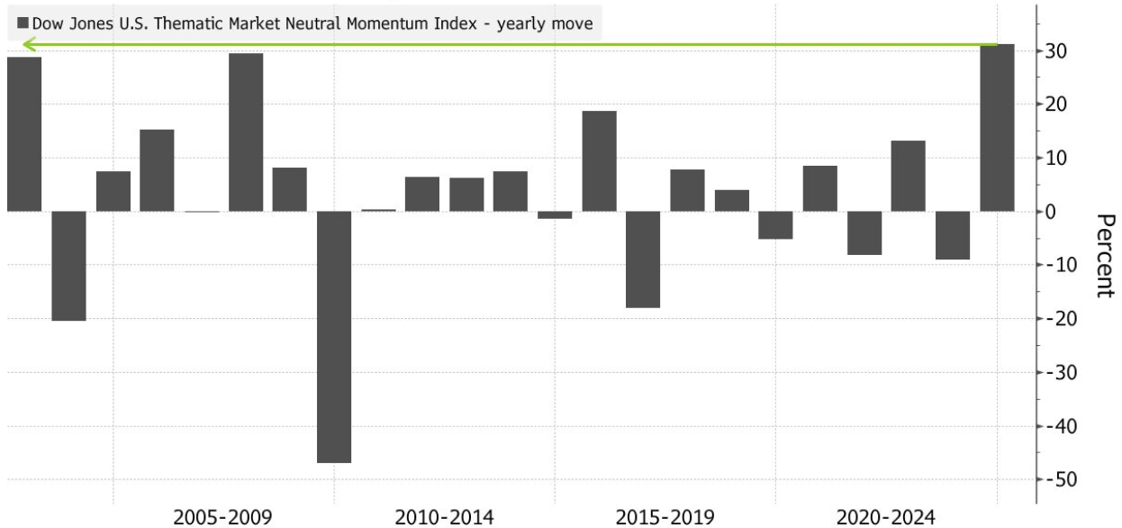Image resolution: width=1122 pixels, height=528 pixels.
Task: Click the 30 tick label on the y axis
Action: pyautogui.click(x=1055, y=51)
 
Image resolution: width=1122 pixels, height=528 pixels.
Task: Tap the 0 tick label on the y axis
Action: pyautogui.click(x=1050, y=212)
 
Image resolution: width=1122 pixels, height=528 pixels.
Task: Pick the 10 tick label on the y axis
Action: pyautogui.click(x=1055, y=159)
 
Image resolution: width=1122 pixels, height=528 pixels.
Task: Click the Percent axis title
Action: pyautogui.click(x=1106, y=256)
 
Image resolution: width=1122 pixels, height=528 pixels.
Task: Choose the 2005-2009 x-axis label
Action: pyautogui.click(x=222, y=517)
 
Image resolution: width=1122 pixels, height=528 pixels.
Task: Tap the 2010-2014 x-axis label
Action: pyautogui.click(x=444, y=517)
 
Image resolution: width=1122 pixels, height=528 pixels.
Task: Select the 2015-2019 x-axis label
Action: pyautogui.click(x=665, y=517)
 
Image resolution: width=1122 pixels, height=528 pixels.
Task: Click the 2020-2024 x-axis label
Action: pyautogui.click(x=885, y=517)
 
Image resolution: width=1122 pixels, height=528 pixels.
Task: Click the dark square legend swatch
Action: pyautogui.click(x=23, y=23)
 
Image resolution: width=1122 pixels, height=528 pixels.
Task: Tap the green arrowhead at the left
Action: pyautogui.click(x=29, y=45)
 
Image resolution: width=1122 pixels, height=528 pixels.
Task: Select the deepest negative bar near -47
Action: pyautogui.click(x=334, y=337)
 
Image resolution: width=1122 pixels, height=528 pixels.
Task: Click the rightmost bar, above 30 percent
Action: pyautogui.click(x=997, y=128)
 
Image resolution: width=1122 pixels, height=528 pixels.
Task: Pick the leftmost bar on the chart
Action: pyautogui.click(x=24, y=134)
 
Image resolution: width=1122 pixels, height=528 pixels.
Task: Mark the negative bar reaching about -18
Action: pyautogui.click(x=643, y=259)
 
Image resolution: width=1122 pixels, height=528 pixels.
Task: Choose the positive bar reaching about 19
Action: pyautogui.click(x=599, y=161)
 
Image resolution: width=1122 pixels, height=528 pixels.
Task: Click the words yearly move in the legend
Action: pyautogui.click(x=545, y=23)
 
